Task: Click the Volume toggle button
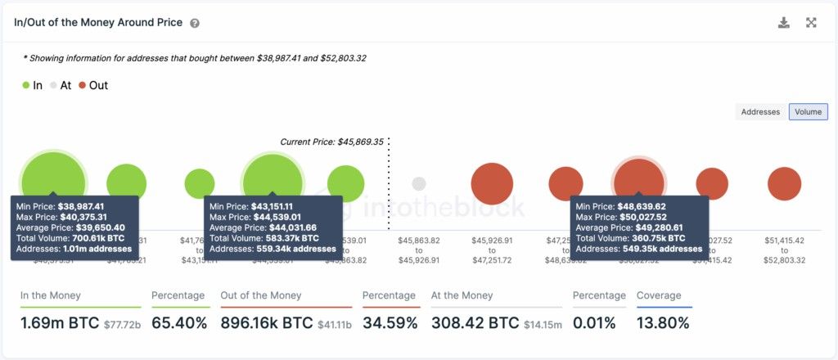click(x=808, y=112)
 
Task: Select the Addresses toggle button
click(x=760, y=112)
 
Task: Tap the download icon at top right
click(x=783, y=23)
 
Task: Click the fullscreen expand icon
click(x=811, y=23)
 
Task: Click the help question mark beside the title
click(x=195, y=24)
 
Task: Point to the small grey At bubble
click(x=418, y=183)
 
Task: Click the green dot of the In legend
click(x=25, y=86)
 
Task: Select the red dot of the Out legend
click(x=83, y=86)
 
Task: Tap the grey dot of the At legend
click(x=53, y=86)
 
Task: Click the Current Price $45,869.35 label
click(x=331, y=142)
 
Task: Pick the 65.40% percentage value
click(x=179, y=323)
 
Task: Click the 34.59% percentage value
click(x=390, y=323)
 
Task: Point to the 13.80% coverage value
click(x=663, y=323)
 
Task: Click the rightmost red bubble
click(x=784, y=183)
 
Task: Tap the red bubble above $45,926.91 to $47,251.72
click(x=492, y=183)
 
